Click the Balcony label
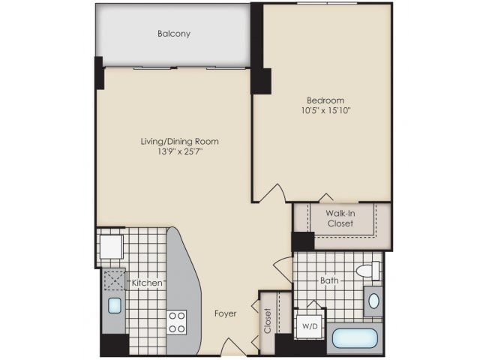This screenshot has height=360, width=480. (174, 33)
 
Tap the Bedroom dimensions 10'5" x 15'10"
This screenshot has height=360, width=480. (325, 110)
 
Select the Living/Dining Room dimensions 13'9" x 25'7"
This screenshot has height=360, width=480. (180, 151)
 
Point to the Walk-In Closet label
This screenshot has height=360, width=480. (340, 218)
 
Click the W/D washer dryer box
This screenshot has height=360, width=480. (309, 326)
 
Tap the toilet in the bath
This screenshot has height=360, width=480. (368, 271)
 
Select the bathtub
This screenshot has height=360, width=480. (355, 338)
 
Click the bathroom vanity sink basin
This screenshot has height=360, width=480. (373, 301)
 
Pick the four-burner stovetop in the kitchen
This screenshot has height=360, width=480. (177, 322)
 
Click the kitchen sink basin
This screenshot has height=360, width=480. (115, 305)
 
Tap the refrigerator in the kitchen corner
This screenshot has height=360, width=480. (110, 247)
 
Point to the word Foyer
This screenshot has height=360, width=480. (225, 313)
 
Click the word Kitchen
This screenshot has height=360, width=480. (147, 283)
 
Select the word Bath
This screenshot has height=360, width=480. (329, 280)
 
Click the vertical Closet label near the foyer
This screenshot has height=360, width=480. (268, 320)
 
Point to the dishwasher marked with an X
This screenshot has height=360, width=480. (113, 280)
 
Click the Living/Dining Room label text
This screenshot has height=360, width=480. (180, 142)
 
